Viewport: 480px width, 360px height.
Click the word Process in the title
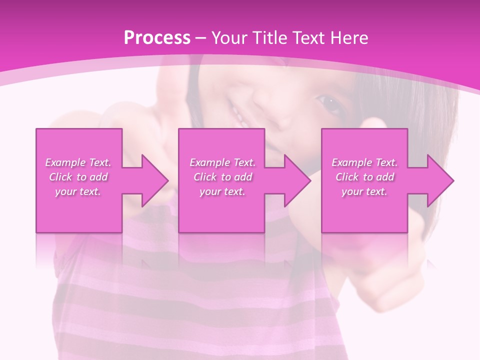point(157,38)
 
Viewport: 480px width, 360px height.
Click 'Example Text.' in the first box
point(78,162)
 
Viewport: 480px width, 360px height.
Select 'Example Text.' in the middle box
point(222,162)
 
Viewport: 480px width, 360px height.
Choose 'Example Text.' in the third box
point(364,162)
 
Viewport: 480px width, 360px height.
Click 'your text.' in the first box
point(78,191)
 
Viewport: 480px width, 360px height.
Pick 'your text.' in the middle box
point(222,191)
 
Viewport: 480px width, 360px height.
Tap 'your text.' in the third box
point(364,191)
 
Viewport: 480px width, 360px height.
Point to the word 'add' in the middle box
point(242,177)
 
